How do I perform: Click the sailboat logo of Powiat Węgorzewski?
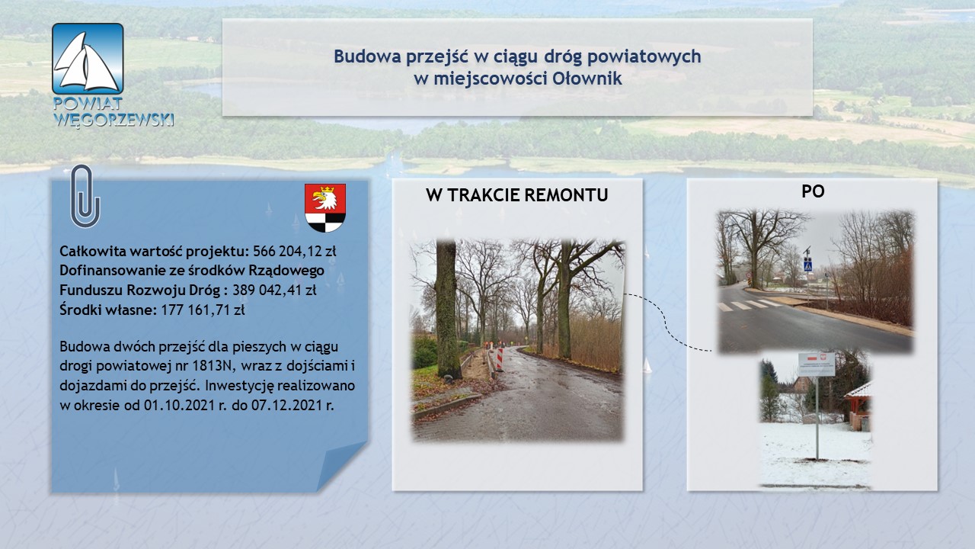tap(88, 59)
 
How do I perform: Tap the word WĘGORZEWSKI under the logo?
tap(113, 119)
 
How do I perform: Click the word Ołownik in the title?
tap(587, 79)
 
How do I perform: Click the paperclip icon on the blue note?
tap(85, 196)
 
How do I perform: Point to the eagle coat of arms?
tap(325, 207)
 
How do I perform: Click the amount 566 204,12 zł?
tap(294, 252)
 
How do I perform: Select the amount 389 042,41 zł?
tap(274, 291)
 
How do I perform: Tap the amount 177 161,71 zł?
tap(203, 310)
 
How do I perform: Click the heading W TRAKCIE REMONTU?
tap(517, 195)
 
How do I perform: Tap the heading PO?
tap(813, 191)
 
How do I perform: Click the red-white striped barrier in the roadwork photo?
tap(500, 359)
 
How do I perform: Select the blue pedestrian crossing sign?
tap(808, 264)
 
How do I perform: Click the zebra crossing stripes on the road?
tap(750, 304)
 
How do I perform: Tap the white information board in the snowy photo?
tap(817, 364)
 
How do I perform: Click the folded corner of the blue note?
tap(342, 466)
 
